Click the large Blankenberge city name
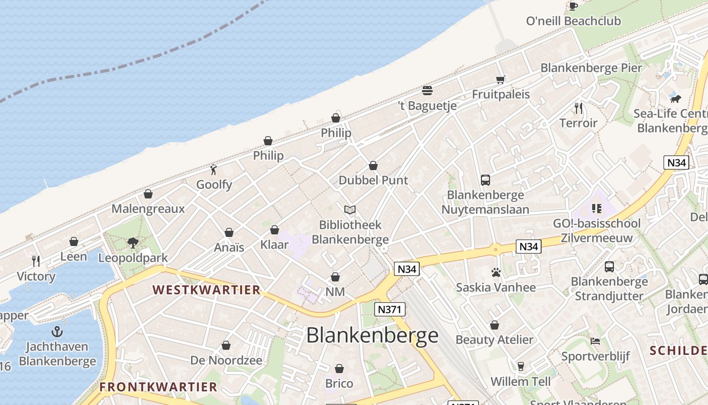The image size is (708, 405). [x=372, y=336]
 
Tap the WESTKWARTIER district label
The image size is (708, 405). [x=206, y=290]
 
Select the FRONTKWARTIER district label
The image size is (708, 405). [x=158, y=387]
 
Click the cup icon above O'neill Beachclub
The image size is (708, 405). [x=573, y=6]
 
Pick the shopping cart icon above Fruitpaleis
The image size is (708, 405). [x=501, y=79]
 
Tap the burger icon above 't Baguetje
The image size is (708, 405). [x=427, y=91]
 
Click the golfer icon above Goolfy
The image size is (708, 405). [x=214, y=170]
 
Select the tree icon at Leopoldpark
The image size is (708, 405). [x=133, y=243]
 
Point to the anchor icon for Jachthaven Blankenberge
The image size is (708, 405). [x=58, y=332]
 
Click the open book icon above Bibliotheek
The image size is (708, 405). [x=350, y=210]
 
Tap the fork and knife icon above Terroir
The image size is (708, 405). [x=579, y=108]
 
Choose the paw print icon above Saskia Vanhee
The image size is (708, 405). [x=496, y=273]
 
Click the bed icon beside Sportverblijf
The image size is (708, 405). [x=595, y=341]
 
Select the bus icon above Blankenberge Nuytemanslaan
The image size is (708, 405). [x=485, y=180]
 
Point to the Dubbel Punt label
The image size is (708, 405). [x=373, y=180]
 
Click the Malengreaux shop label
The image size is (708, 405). [x=148, y=209]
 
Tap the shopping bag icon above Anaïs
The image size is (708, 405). [x=229, y=232]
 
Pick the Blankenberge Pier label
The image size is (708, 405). [x=591, y=68]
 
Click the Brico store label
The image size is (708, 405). [x=339, y=383]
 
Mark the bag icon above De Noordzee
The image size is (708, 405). [x=226, y=346]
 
